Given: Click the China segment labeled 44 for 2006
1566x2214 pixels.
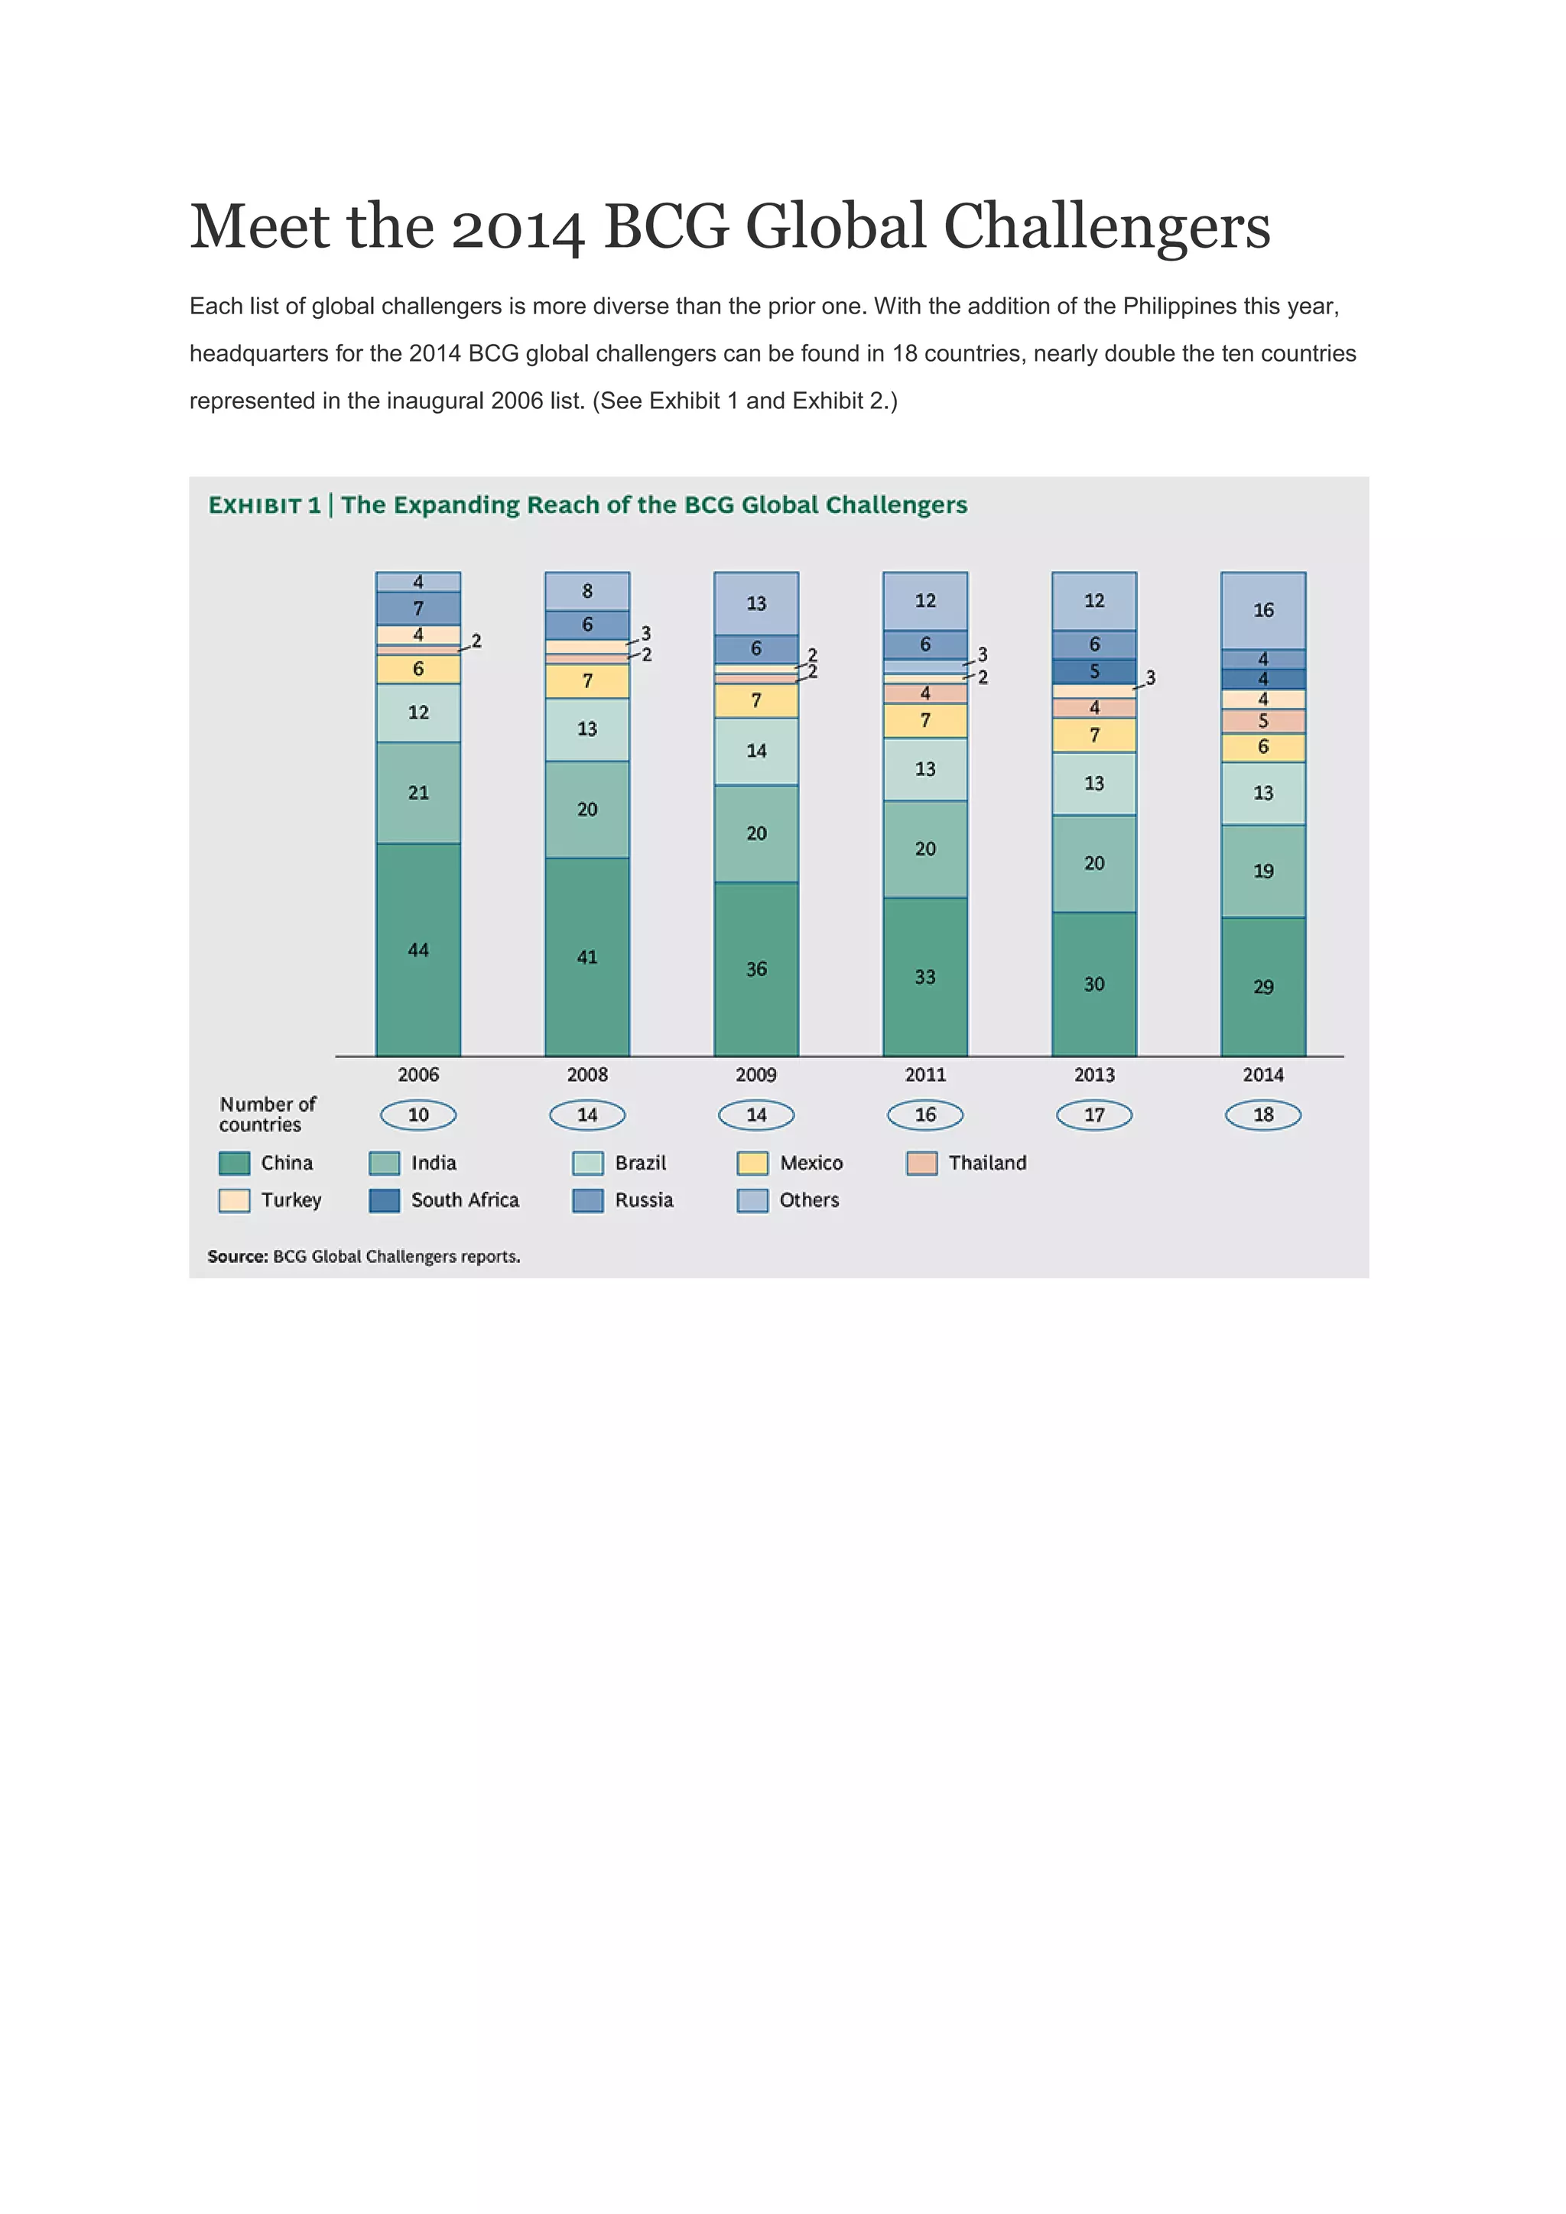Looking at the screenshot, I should (417, 950).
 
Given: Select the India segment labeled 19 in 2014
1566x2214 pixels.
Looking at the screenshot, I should (1262, 871).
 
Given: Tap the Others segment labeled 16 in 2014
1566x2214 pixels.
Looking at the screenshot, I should (1262, 610).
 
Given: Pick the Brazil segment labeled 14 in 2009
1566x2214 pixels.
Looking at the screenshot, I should (756, 752).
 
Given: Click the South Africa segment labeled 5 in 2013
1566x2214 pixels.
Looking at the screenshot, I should (1093, 671).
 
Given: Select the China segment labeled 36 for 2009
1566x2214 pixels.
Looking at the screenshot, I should (756, 969).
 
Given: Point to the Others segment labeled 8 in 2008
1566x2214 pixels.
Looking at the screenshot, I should (586, 591).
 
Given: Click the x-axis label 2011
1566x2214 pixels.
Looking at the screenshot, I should (924, 1074).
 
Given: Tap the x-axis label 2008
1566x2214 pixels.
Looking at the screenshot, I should (586, 1074).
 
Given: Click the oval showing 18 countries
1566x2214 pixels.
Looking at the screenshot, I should (1262, 1115).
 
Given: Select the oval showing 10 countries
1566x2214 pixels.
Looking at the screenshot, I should (417, 1115).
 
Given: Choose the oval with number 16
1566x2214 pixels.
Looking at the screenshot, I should (924, 1115).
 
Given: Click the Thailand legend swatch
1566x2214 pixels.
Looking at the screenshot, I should (922, 1163).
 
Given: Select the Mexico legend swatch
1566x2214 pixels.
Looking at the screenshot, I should (752, 1163).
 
